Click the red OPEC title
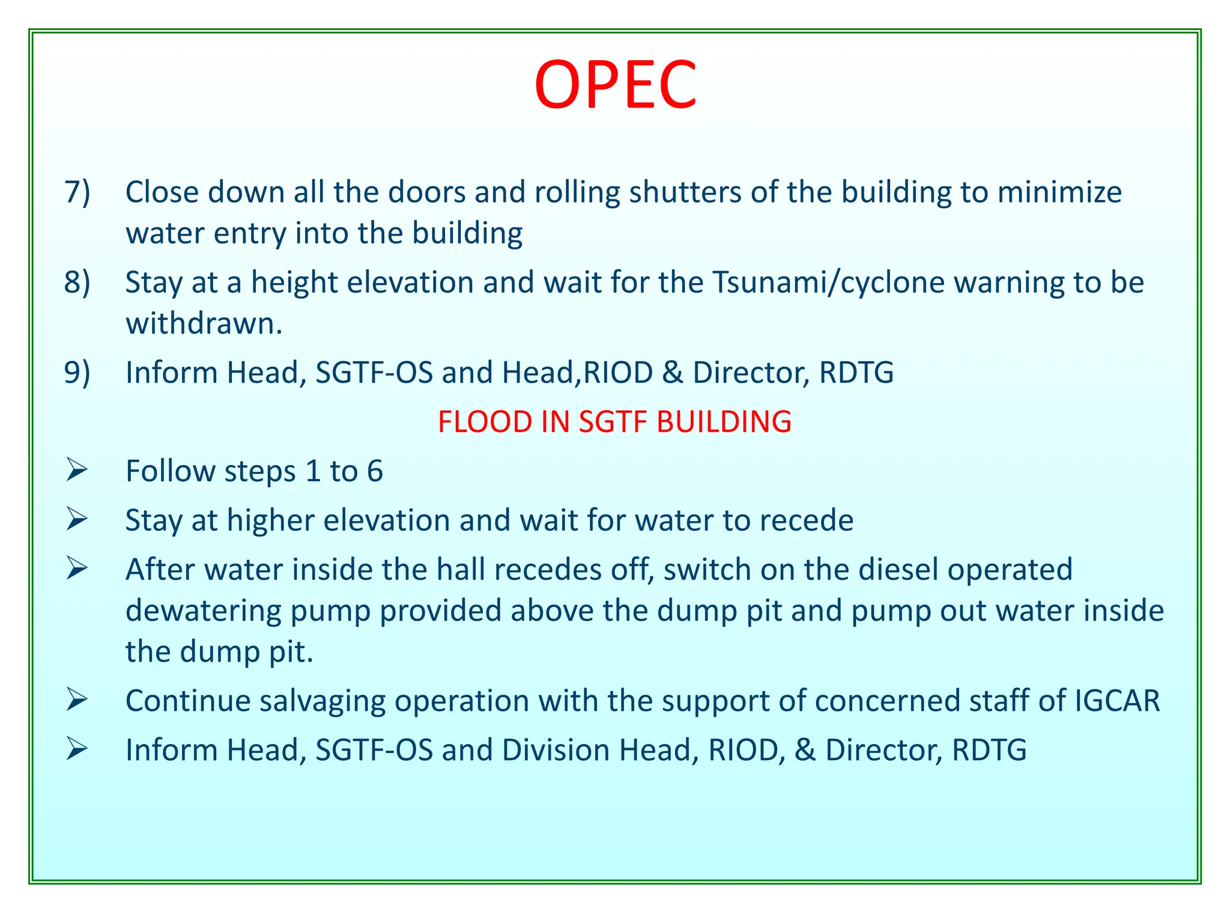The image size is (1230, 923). [x=615, y=85]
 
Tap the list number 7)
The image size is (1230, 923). [x=77, y=192]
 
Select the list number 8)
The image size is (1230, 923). [x=77, y=282]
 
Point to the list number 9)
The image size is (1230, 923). [x=77, y=373]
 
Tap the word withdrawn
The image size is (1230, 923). [x=204, y=324]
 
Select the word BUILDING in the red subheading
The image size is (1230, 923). [x=724, y=422]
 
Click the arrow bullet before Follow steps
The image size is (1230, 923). [x=77, y=470]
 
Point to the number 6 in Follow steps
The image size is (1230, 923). [x=375, y=471]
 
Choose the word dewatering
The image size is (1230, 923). [x=204, y=611]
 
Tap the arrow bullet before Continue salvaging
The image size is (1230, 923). [x=77, y=700]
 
